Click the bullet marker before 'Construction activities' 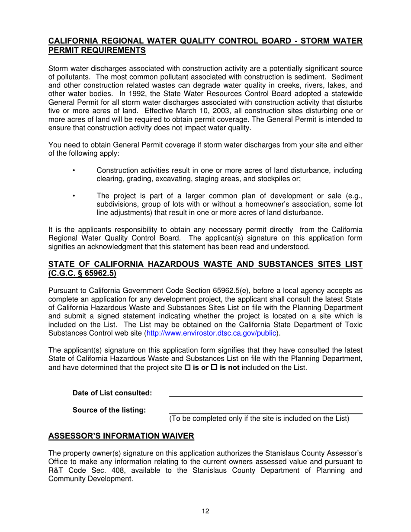74,170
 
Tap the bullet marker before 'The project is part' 74,195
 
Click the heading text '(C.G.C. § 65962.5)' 82,273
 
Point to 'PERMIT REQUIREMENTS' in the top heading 97,50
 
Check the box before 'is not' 213,368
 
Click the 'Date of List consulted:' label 112,393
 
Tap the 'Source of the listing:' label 109,410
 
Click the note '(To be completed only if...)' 259,418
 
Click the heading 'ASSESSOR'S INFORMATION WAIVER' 121,436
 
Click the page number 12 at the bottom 205,511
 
